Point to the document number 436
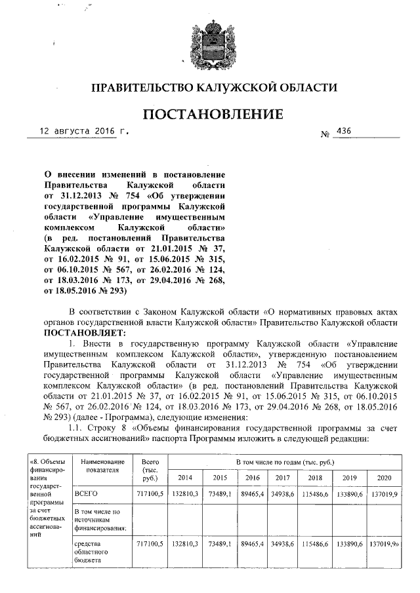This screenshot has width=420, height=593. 343,131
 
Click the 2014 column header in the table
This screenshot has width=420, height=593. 186,478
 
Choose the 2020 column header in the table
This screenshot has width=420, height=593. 383,478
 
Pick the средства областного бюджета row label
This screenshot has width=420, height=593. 93,552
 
